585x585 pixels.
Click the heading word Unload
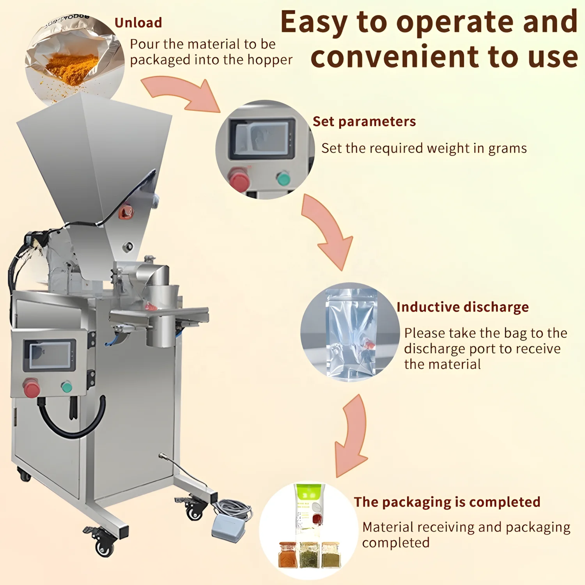(138, 23)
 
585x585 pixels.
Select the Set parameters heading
(364, 122)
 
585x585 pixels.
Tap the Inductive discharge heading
(463, 307)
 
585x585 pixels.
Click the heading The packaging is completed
(447, 502)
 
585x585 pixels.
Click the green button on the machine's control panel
(67, 387)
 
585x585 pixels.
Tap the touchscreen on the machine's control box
(50, 355)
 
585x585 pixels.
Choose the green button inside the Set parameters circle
(284, 178)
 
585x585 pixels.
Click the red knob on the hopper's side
(126, 212)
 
